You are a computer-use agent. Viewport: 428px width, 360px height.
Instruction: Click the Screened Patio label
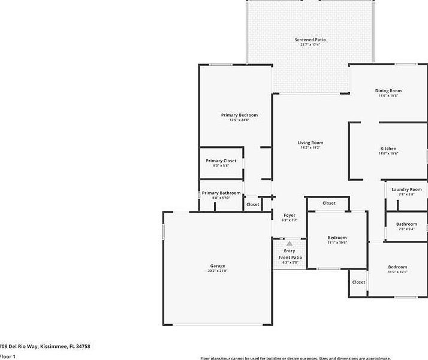click(311, 40)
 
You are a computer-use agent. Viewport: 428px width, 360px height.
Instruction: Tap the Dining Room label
click(389, 91)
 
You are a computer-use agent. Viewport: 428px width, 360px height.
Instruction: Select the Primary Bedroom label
click(239, 115)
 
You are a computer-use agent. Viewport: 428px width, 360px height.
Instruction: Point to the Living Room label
click(311, 143)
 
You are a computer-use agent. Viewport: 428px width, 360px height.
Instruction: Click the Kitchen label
click(388, 149)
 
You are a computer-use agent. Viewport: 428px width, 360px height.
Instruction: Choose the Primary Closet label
click(221, 161)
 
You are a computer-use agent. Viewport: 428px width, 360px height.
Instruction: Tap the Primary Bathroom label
click(221, 193)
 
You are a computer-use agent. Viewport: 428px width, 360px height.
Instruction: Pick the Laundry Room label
click(406, 189)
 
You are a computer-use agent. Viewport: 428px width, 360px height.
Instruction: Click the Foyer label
click(290, 215)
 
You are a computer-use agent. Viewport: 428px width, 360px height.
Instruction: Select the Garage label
click(218, 266)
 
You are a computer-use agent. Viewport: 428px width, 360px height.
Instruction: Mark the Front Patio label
click(290, 258)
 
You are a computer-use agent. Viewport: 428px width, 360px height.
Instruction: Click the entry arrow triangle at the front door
click(290, 244)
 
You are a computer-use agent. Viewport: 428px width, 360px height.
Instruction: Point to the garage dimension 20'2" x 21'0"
click(218, 271)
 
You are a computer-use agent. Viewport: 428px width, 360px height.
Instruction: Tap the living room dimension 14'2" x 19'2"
click(311, 148)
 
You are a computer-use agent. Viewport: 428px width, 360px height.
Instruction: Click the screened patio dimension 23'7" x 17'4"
click(311, 44)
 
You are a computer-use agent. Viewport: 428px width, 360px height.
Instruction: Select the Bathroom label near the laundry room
click(406, 224)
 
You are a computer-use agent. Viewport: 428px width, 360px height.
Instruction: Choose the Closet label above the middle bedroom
click(329, 203)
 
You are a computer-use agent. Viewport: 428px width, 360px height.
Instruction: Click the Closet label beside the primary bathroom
click(253, 204)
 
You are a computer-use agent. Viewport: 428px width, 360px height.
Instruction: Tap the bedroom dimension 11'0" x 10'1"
click(397, 272)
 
